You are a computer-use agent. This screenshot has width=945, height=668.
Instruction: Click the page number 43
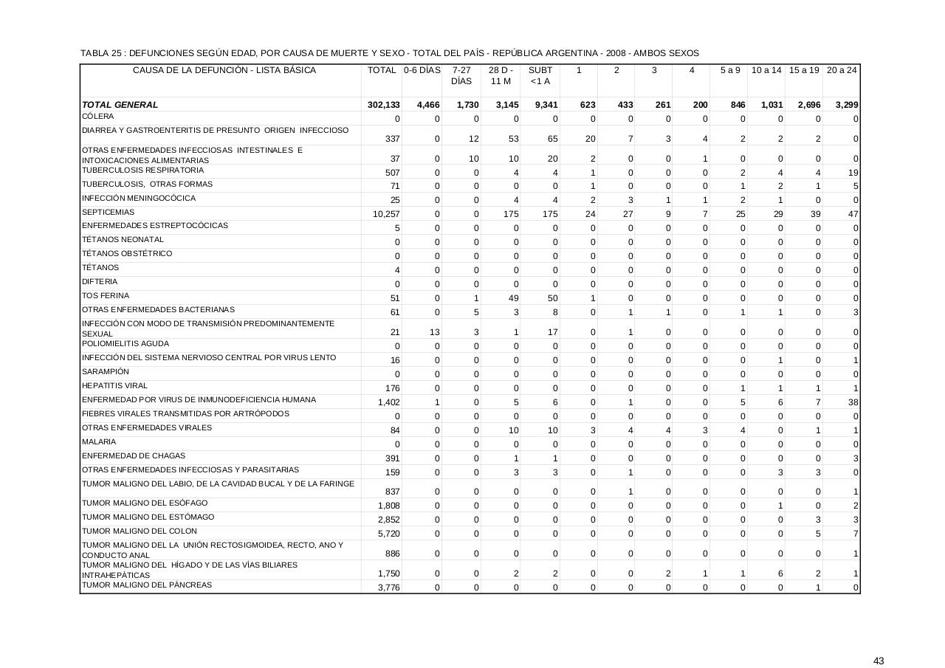pyautogui.click(x=878, y=640)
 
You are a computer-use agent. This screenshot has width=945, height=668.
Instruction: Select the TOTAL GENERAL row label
pyautogui.click(x=120, y=105)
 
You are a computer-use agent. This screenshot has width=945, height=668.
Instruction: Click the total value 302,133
pyautogui.click(x=384, y=105)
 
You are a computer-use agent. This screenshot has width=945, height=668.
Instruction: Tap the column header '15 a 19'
pyautogui.click(x=804, y=70)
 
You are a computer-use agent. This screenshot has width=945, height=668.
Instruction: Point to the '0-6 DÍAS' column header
pyautogui.click(x=422, y=70)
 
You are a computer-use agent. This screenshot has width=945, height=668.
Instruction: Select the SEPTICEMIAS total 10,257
pyautogui.click(x=387, y=214)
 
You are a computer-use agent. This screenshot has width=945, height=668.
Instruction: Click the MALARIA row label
pyautogui.click(x=99, y=441)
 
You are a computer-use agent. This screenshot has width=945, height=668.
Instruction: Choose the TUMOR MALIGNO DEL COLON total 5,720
pyautogui.click(x=389, y=534)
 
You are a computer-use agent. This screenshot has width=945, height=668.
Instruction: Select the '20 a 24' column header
pyautogui.click(x=842, y=70)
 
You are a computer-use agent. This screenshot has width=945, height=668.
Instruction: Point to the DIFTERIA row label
pyautogui.click(x=100, y=281)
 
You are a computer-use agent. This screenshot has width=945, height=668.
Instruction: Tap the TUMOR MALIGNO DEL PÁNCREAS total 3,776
pyautogui.click(x=389, y=588)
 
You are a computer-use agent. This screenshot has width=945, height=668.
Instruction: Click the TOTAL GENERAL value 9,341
pyautogui.click(x=546, y=105)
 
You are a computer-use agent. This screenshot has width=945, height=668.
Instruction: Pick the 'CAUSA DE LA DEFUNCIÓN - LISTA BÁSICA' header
pyautogui.click(x=224, y=70)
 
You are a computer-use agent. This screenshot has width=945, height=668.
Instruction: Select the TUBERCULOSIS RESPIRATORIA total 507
pyautogui.click(x=392, y=173)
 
